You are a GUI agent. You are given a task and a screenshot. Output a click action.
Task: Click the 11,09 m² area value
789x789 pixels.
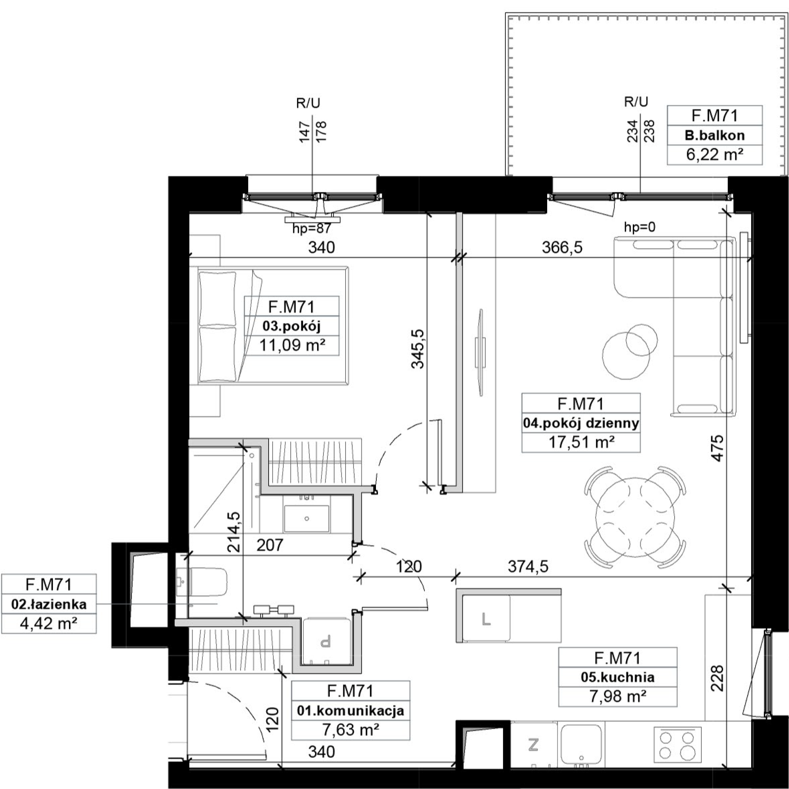(x=292, y=346)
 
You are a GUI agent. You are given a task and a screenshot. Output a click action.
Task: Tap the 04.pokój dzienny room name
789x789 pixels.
(x=581, y=423)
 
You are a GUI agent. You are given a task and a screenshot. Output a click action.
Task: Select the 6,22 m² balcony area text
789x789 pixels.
(x=715, y=155)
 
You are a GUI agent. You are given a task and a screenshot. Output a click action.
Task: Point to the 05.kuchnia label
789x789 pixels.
(x=617, y=677)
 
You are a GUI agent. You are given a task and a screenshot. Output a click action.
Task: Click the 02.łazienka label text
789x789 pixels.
(x=49, y=604)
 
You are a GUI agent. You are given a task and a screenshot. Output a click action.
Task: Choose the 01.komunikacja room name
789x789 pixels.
(x=350, y=711)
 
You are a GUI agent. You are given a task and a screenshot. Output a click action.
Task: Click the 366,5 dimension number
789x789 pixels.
(x=562, y=247)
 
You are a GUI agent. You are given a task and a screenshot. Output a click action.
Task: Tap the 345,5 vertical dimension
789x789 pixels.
(x=418, y=349)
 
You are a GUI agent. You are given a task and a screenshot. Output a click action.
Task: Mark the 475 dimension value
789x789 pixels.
(x=717, y=449)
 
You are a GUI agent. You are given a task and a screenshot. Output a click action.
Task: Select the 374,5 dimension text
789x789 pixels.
(x=528, y=567)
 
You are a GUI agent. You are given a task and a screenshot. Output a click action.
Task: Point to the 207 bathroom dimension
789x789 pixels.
(x=270, y=545)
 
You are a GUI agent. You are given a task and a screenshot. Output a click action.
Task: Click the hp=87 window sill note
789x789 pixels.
(x=312, y=228)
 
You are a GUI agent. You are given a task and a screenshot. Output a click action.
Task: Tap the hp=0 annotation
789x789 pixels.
(x=639, y=227)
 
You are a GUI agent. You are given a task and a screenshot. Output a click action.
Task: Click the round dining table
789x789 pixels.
(x=635, y=517)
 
